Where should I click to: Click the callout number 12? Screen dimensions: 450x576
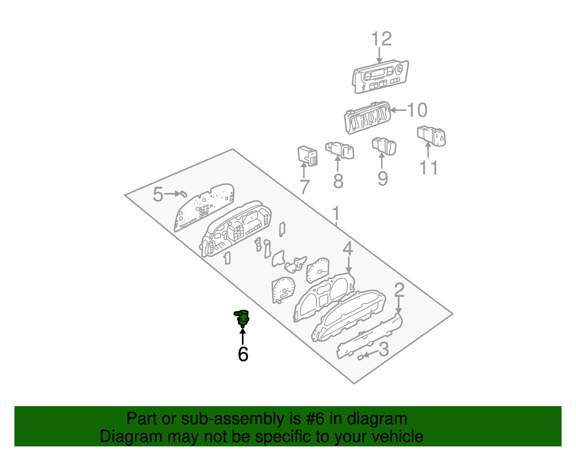(x=381, y=39)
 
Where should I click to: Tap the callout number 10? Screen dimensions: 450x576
(x=417, y=110)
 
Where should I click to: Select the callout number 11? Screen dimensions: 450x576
(x=429, y=168)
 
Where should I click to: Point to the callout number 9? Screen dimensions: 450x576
(x=383, y=178)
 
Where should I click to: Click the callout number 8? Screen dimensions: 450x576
(x=338, y=181)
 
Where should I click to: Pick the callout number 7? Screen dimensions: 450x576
(x=305, y=187)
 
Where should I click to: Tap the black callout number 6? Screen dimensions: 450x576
(x=243, y=354)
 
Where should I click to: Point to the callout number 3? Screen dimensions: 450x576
(x=384, y=349)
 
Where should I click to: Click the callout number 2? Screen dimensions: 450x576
(x=399, y=290)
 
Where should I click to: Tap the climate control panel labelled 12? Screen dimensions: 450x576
(x=380, y=77)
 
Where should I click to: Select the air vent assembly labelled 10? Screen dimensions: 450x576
(x=367, y=117)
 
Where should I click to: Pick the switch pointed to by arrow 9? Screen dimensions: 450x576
(x=384, y=146)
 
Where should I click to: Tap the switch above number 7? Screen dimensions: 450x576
(x=307, y=156)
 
